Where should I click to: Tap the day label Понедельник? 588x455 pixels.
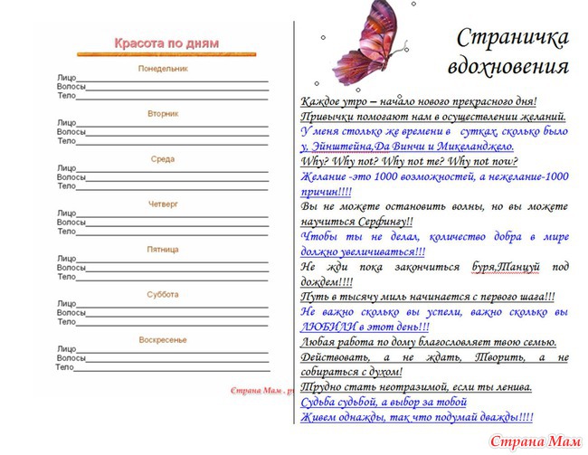pos(163,69)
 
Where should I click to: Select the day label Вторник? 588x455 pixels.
pos(163,114)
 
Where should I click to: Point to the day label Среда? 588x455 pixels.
pos(163,159)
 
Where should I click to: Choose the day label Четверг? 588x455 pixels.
pos(163,204)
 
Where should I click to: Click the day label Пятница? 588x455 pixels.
pos(163,249)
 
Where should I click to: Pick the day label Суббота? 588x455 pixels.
pos(163,294)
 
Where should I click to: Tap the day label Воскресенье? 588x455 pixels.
pos(163,340)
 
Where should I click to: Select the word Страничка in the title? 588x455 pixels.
pos(513,37)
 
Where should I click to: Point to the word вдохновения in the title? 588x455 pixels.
pos(507,67)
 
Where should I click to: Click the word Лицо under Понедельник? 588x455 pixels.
pos(67,78)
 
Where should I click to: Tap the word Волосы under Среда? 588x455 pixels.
pos(71,177)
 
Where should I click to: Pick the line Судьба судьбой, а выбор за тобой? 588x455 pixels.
pos(384,402)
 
